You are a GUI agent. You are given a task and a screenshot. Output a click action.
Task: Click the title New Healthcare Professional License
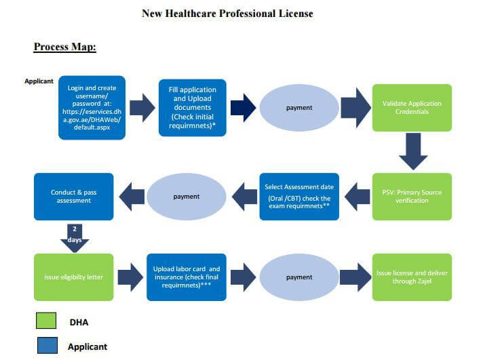(227, 14)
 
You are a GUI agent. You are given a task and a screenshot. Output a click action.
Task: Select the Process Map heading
(64, 47)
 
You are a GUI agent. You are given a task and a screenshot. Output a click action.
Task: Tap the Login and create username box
(92, 108)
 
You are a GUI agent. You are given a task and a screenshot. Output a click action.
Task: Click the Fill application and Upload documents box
(193, 108)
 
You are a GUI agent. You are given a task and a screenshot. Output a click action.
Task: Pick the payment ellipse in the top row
(299, 108)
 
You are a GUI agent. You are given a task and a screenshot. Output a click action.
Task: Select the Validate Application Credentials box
(412, 108)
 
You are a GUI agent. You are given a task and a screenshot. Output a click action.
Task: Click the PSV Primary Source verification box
(412, 197)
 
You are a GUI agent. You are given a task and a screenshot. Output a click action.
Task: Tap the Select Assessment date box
(299, 197)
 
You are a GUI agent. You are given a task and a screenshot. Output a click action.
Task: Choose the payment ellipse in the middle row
(187, 197)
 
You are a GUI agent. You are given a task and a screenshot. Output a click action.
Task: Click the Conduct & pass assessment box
(74, 197)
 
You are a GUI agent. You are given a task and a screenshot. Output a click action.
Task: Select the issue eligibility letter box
(74, 277)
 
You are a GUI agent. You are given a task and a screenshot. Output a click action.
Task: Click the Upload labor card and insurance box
(187, 277)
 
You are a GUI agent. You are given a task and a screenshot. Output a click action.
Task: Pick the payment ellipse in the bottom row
(299, 277)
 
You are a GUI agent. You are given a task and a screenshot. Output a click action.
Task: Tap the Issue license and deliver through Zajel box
(412, 277)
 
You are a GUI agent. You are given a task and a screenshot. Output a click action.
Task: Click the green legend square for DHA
(46, 321)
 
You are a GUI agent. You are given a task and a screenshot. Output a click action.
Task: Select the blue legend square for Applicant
(47, 345)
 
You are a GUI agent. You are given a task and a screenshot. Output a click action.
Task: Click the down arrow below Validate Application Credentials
(413, 151)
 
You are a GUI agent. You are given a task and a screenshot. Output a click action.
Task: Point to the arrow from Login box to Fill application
(142, 108)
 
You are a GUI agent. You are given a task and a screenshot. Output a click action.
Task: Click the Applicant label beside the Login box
(39, 81)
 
